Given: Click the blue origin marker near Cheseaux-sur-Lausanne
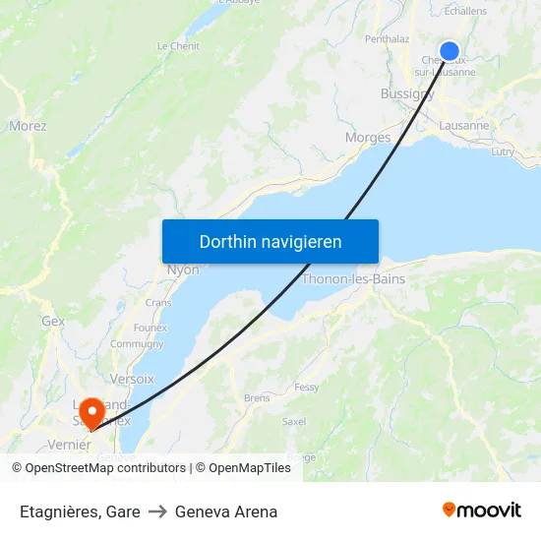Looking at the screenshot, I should [450, 51].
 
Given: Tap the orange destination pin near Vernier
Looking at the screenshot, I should [92, 412].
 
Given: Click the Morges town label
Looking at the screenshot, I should [368, 138].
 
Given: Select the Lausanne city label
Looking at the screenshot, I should [463, 126].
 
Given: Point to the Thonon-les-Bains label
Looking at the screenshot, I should [353, 279].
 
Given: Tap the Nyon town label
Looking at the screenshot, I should [183, 270].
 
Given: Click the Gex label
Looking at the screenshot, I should [53, 322].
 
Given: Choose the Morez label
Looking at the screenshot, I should [28, 126].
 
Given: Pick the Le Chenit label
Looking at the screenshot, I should [178, 45].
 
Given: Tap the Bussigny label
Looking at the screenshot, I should [407, 94].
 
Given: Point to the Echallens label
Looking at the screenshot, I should [465, 11].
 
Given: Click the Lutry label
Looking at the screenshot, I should [502, 151].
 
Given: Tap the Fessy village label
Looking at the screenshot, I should [306, 388].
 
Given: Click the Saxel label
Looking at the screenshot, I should [293, 421].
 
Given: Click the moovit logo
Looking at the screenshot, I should [482, 510].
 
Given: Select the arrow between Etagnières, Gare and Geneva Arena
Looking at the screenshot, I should [157, 511].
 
